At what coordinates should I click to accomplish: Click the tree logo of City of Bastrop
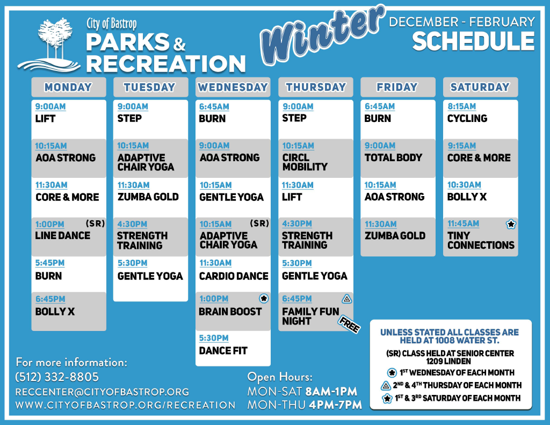[x=49, y=45]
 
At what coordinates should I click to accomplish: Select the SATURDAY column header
[x=480, y=87]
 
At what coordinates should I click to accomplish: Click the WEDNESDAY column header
[x=233, y=87]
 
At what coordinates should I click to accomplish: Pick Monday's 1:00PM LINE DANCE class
[x=69, y=236]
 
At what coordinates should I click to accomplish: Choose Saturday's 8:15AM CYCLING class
[x=481, y=119]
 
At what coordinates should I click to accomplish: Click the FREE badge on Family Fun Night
[x=349, y=325]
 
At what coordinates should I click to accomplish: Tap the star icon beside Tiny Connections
[x=511, y=224]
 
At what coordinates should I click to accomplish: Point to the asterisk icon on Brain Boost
[x=264, y=299]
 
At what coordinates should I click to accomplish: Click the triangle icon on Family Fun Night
[x=346, y=299]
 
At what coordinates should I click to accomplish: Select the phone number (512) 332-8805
[x=57, y=377]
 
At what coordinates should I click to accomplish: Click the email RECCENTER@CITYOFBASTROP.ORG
[x=102, y=392]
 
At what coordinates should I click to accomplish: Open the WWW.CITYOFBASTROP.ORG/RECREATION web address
[x=125, y=405]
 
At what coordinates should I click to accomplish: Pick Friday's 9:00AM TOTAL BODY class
[x=398, y=159]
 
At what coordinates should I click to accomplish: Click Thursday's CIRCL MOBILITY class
[x=316, y=159]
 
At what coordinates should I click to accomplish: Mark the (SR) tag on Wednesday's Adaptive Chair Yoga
[x=259, y=224]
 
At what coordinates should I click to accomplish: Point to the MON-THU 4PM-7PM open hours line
[x=305, y=405]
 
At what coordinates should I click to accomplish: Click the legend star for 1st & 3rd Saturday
[x=387, y=398]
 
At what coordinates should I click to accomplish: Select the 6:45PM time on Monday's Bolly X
[x=50, y=299]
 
